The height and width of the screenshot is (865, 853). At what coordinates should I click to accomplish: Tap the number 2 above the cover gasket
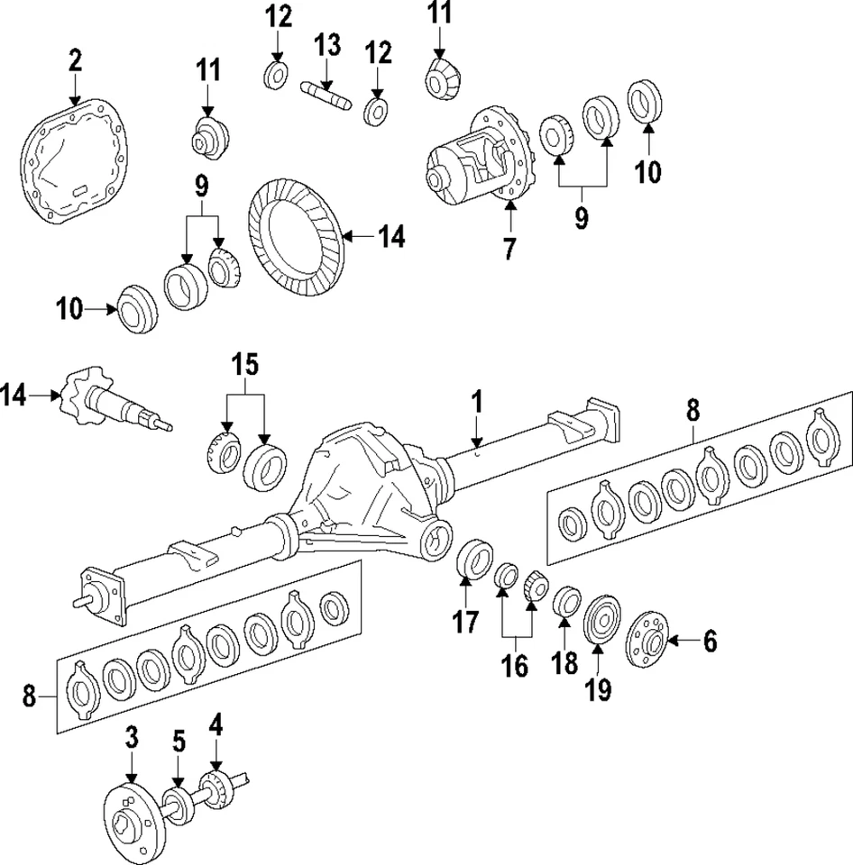(75, 61)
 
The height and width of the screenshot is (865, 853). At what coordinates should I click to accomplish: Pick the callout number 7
(509, 247)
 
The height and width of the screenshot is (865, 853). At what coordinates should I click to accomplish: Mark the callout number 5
(179, 741)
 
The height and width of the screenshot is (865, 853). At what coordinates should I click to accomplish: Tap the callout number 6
(710, 641)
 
